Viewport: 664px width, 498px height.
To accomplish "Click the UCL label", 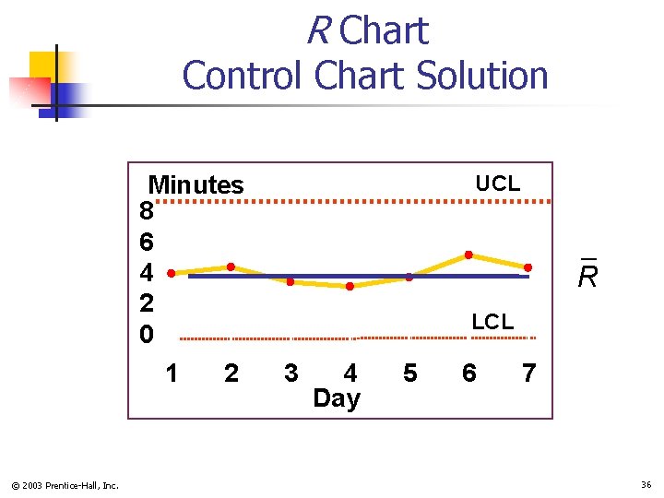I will pos(497,184).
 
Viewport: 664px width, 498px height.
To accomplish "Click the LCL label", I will pos(492,322).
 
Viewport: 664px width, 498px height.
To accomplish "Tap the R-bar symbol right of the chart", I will pos(587,274).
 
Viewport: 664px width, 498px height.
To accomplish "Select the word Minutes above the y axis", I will pos(196,184).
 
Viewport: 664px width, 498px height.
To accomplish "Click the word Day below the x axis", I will pos(337,398).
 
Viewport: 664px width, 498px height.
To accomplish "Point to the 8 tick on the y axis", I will pos(147,212).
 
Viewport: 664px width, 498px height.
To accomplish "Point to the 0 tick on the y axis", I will pos(147,334).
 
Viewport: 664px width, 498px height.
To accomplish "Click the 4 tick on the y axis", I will pos(147,273).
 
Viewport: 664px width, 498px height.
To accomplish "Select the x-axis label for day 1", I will pos(172,373).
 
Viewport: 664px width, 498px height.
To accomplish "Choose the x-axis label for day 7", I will pos(528,373).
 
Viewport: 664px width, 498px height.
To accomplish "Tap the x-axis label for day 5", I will pos(410,373).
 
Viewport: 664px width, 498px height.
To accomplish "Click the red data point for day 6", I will pos(468,255).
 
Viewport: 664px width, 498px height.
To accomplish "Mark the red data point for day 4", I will pos(350,286).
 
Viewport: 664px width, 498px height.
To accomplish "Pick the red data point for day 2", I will pos(231,267).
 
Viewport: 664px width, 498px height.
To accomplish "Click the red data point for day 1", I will pos(171,273).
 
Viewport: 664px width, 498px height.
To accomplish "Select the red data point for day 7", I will pos(528,267).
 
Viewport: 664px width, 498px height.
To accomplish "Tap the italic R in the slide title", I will pos(318,31).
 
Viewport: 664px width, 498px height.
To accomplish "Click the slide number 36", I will pos(646,485).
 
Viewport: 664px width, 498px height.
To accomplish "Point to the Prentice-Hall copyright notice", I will pos(65,485).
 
